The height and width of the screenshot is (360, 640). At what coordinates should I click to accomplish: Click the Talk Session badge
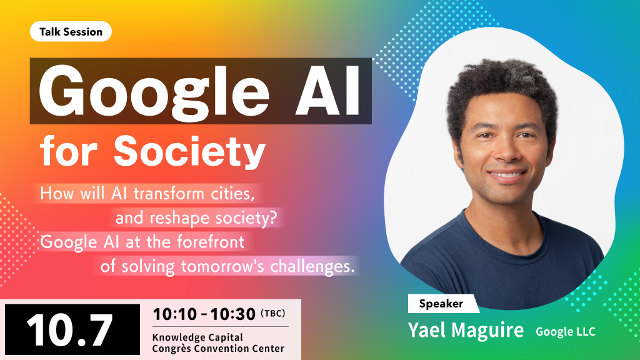click(71, 31)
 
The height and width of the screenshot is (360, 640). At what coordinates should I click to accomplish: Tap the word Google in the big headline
click(154, 91)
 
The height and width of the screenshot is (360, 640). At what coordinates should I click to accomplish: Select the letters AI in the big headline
click(327, 90)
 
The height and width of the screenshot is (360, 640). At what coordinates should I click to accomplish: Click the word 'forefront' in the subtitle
click(211, 242)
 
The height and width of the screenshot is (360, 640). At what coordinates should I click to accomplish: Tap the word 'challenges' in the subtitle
click(312, 266)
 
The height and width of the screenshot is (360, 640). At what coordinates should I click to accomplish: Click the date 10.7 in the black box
click(69, 330)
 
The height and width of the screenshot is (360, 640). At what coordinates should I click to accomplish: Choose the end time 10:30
click(233, 314)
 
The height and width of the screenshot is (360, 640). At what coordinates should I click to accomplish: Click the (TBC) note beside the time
click(272, 314)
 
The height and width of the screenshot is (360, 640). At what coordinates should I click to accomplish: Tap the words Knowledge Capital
click(197, 337)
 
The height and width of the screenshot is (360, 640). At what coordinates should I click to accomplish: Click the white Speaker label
click(442, 304)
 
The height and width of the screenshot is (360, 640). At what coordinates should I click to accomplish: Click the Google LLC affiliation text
click(566, 332)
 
